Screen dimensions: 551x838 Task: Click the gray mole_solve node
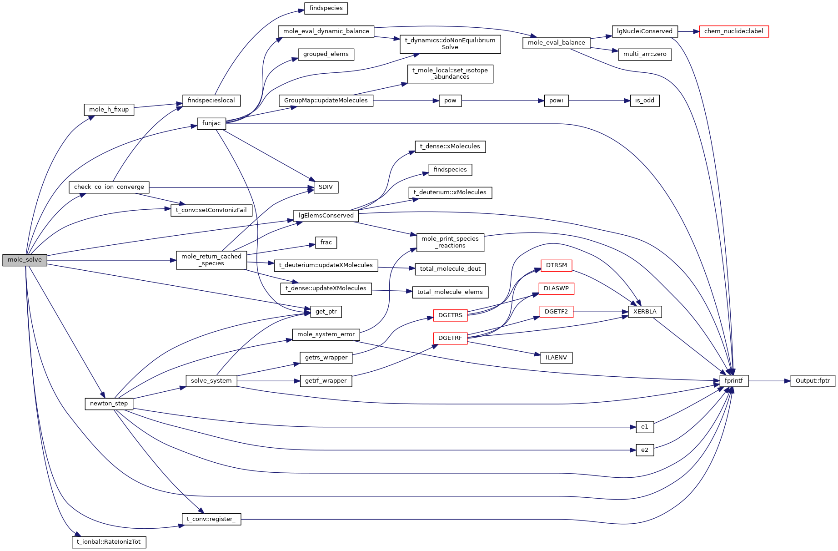(x=25, y=260)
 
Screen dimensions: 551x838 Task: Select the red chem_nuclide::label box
(x=733, y=31)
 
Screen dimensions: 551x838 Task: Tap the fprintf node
(x=733, y=381)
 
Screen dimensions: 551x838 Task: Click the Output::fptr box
(x=812, y=381)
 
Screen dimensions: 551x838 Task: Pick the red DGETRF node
(x=450, y=338)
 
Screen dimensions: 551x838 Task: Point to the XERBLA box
(x=644, y=312)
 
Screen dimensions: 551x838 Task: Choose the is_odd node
(x=644, y=101)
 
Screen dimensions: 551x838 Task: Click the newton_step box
(x=109, y=404)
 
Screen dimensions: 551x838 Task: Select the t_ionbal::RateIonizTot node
(x=109, y=542)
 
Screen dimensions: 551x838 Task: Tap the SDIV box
(x=326, y=187)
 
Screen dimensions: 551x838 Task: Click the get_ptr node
(x=326, y=312)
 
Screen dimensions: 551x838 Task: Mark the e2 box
(x=644, y=450)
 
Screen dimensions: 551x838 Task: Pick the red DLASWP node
(x=556, y=288)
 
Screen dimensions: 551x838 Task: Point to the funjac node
(x=211, y=123)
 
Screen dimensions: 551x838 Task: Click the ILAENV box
(x=556, y=358)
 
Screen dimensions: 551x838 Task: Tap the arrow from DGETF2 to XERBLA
(x=600, y=312)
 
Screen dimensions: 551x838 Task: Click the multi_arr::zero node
(x=644, y=54)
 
